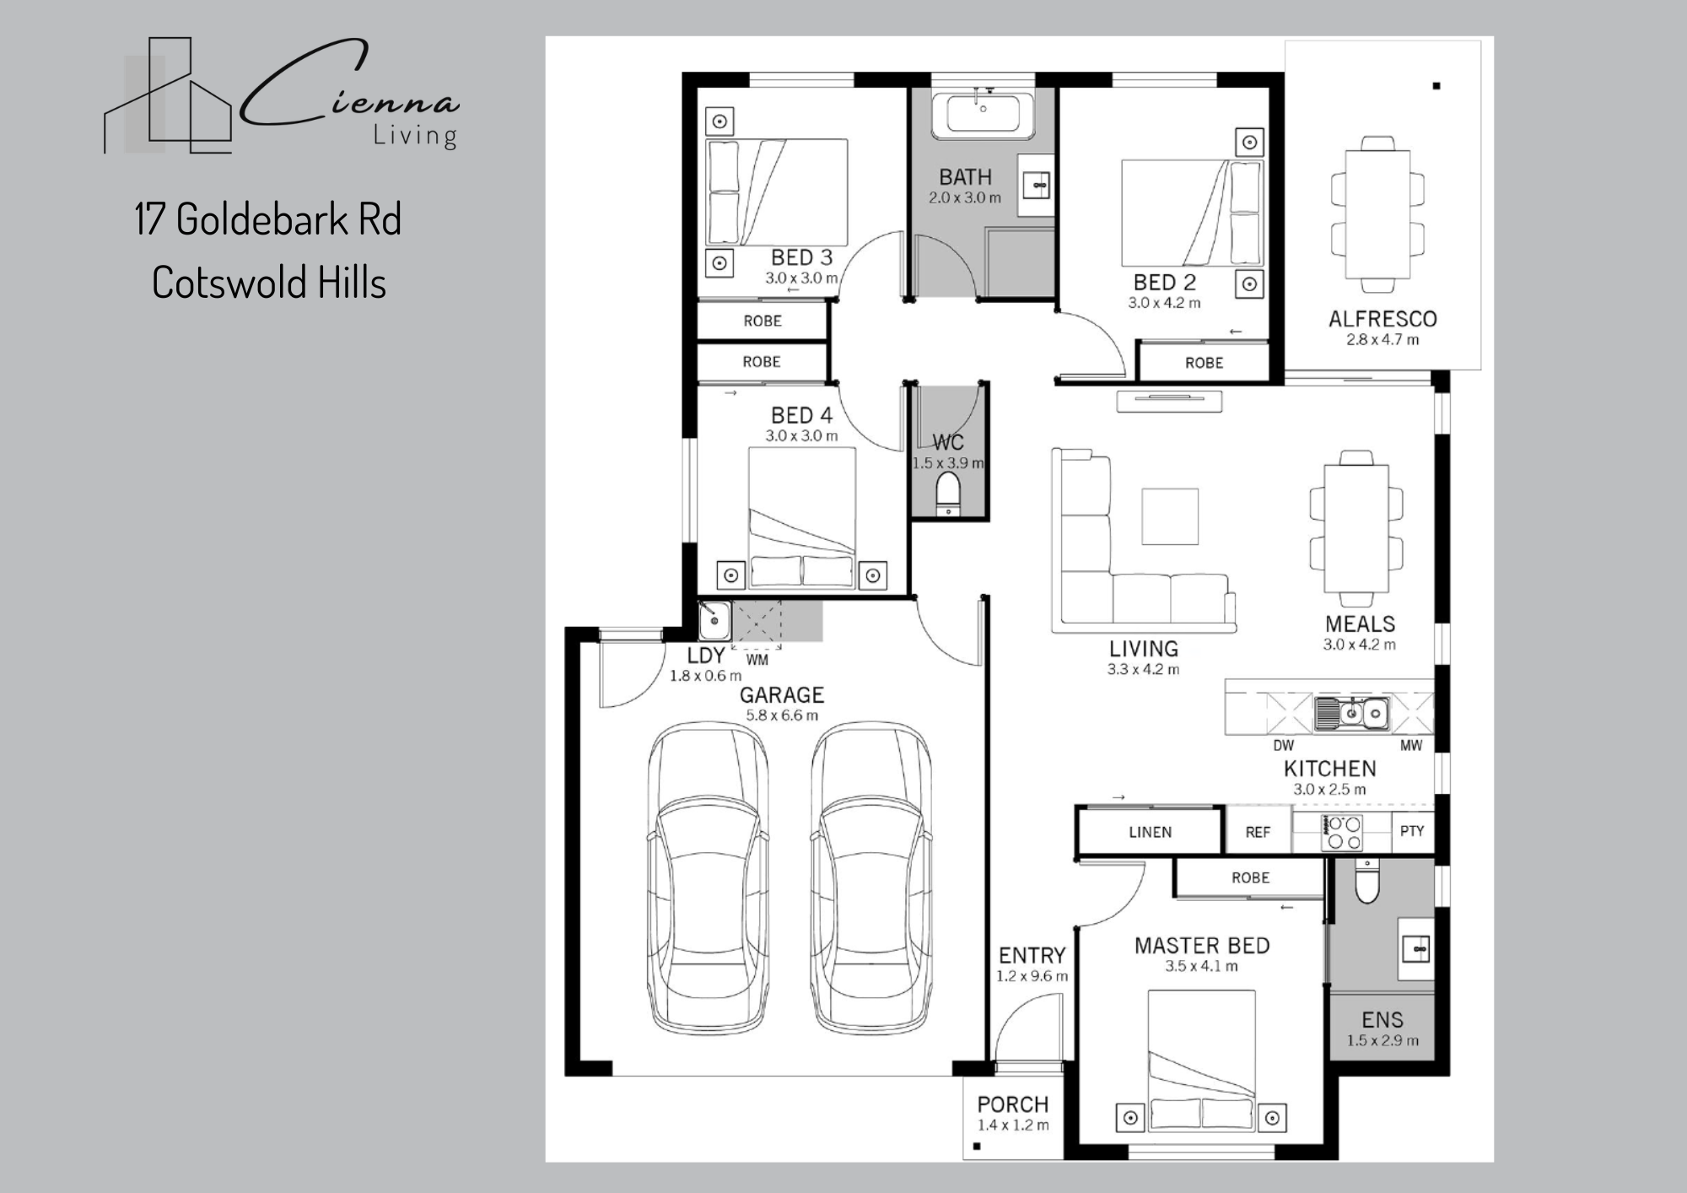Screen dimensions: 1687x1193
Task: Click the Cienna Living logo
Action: [282, 95]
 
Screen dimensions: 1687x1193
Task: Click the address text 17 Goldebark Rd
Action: [268, 219]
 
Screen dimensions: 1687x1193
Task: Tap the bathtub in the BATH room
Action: [983, 115]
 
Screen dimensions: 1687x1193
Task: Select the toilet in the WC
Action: [949, 493]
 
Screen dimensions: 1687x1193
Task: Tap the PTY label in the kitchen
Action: [1412, 831]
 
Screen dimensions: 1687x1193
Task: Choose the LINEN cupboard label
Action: [1150, 832]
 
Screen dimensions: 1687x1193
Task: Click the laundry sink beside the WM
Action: [714, 620]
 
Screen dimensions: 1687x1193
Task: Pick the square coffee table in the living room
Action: [1170, 516]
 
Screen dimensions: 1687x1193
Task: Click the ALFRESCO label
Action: [1382, 319]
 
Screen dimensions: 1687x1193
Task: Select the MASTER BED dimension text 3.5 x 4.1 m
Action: [1201, 966]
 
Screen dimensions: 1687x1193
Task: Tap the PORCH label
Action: [1013, 1104]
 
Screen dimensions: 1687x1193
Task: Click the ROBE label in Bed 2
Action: [1204, 363]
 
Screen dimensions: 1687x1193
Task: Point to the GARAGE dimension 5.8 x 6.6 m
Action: [782, 715]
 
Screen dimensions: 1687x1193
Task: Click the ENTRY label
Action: [1032, 955]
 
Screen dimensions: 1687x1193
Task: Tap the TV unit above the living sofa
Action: [1169, 402]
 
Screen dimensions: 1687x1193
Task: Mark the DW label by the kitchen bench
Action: [1283, 746]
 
